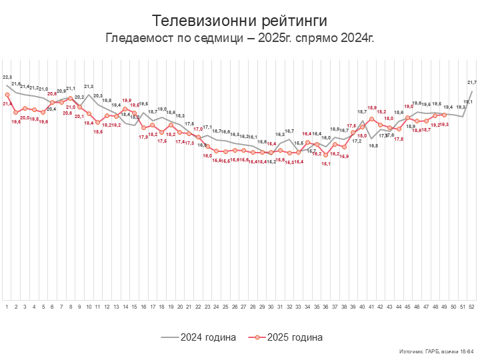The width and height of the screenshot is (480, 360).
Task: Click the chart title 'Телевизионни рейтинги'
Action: [x=239, y=21]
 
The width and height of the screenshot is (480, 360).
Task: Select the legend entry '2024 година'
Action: [x=199, y=337]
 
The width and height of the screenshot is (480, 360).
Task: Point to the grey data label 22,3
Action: [x=7, y=78]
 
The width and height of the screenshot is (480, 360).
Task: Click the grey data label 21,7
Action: [x=472, y=82]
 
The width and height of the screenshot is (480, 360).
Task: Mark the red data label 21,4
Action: [x=7, y=104]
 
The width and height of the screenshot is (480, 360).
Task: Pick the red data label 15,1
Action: [x=326, y=164]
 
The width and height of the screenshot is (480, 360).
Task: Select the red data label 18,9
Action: [x=372, y=108]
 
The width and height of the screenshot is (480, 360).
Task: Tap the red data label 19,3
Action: [x=444, y=124]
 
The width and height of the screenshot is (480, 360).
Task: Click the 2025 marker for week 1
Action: [x=7, y=95]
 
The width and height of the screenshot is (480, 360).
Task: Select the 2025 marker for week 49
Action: [x=444, y=115]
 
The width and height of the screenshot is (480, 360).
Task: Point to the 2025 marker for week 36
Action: [x=326, y=148]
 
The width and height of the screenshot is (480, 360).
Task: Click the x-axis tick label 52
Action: [x=472, y=306]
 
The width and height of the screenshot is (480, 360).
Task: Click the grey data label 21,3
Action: [x=89, y=87]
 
